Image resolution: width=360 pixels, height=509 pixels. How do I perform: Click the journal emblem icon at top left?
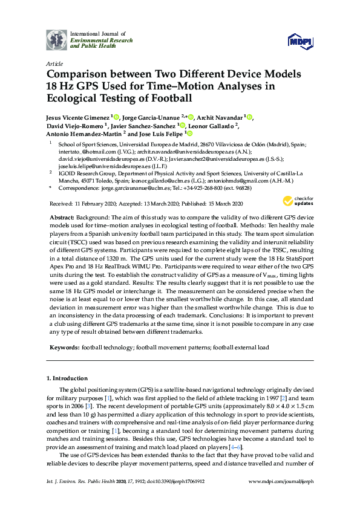[56, 39]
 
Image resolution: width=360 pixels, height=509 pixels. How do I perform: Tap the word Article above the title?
[54, 63]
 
